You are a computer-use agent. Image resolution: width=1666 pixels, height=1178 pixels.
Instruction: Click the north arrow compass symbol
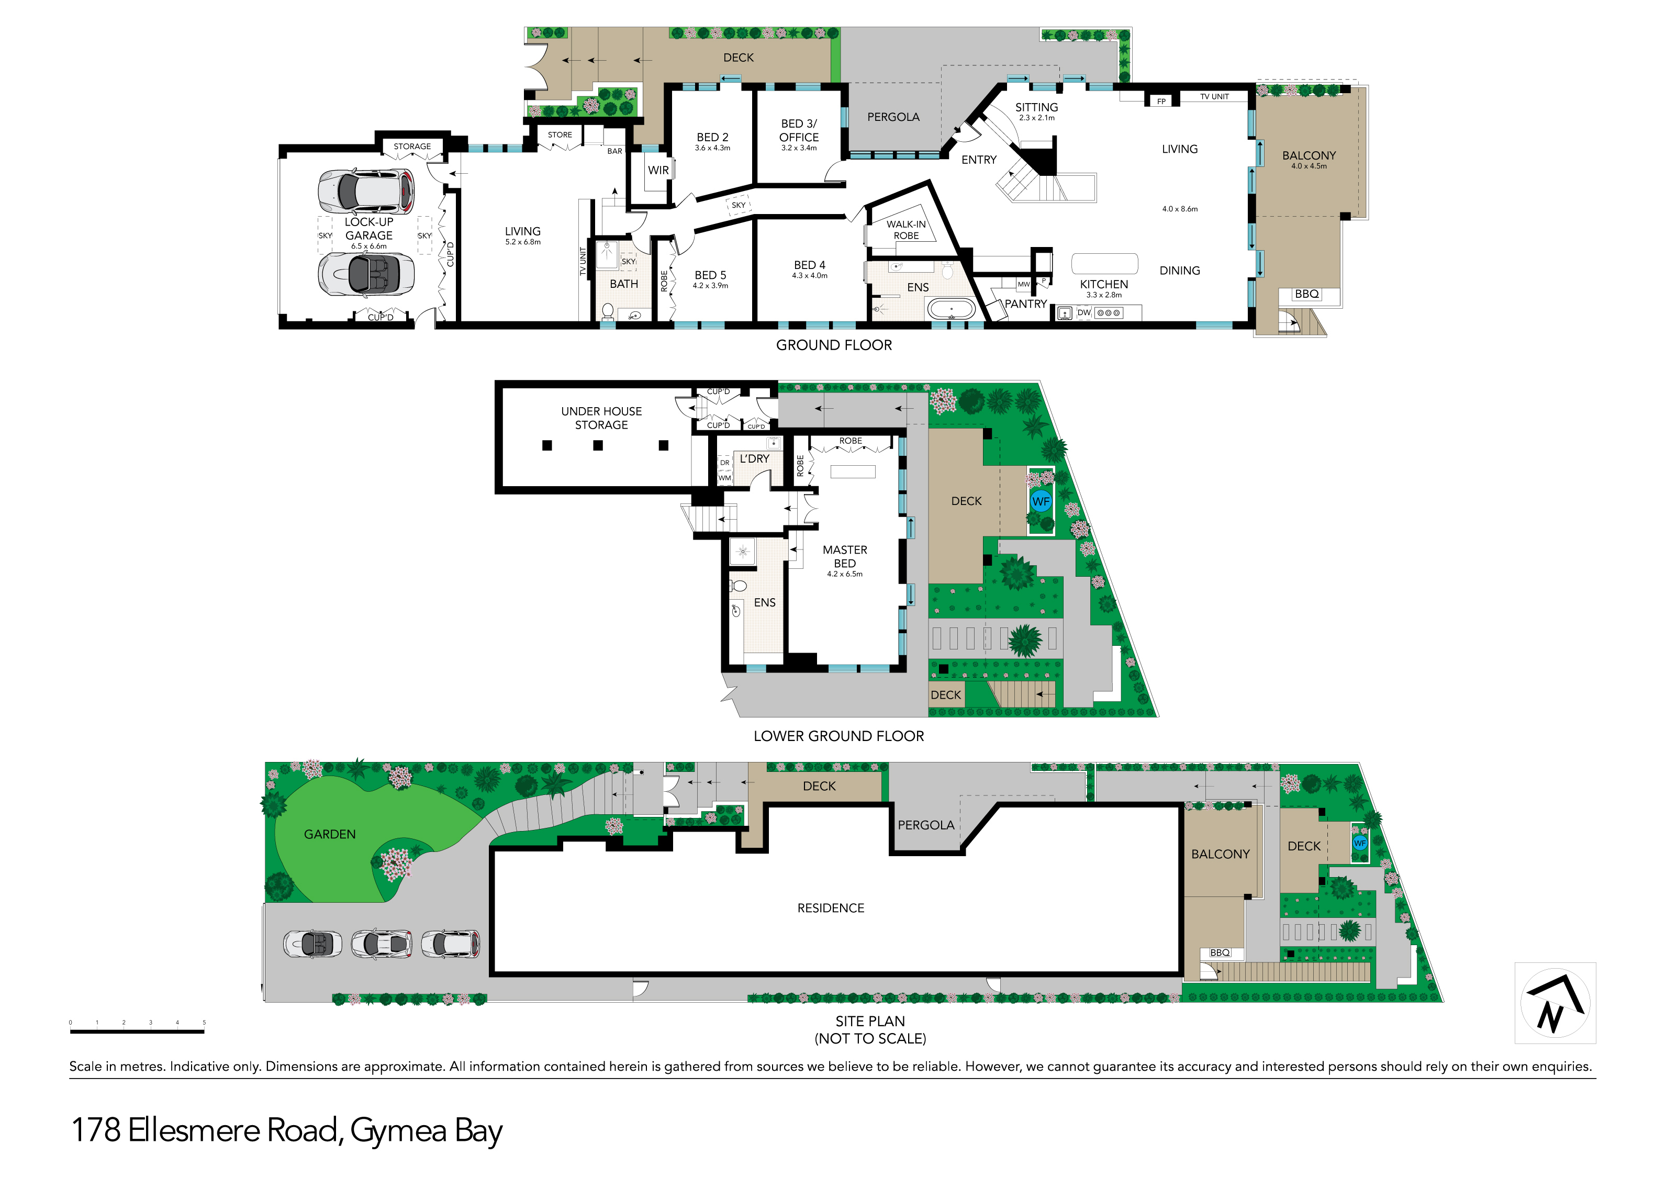1555,1003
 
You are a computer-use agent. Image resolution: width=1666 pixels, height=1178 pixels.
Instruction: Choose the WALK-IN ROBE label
907,230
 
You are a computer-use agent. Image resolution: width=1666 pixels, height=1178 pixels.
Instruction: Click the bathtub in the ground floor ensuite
951,310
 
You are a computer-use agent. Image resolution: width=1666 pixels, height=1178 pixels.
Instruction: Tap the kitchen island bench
1104,263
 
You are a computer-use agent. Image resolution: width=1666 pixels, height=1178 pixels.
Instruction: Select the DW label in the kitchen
1084,312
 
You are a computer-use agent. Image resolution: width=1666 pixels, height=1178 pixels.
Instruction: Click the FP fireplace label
1162,102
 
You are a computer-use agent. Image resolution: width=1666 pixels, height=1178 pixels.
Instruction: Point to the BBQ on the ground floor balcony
1307,294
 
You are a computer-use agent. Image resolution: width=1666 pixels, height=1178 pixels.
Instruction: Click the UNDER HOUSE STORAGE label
601,418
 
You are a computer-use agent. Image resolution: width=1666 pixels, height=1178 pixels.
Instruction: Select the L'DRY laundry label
755,458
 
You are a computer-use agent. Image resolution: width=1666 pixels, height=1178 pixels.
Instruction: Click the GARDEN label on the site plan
330,834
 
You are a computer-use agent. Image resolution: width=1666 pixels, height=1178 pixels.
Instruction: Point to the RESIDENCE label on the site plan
831,908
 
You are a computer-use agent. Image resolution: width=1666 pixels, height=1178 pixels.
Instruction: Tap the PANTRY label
1026,304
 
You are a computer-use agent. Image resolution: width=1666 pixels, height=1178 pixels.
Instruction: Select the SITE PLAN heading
870,1022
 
